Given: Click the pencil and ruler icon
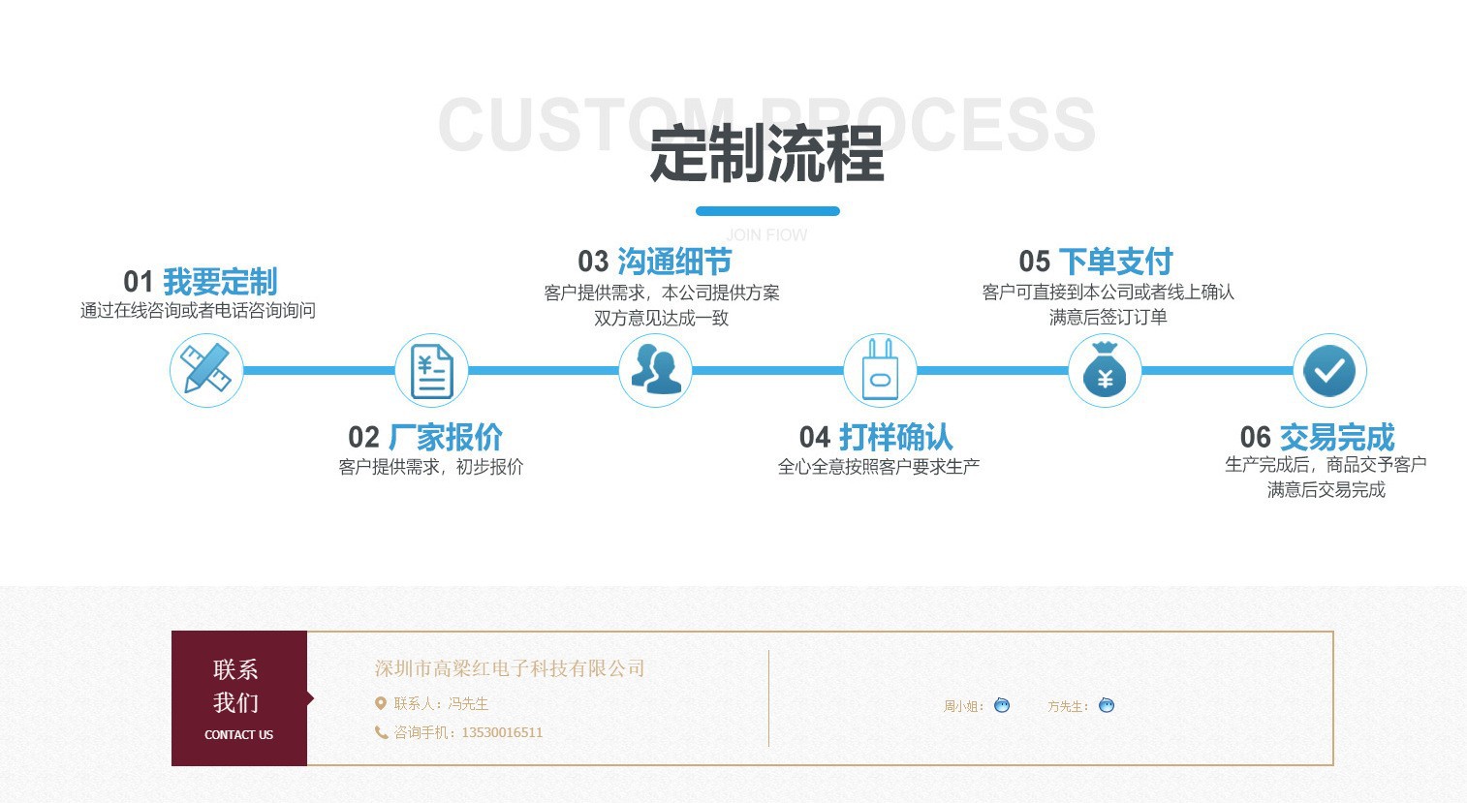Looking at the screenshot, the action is coord(206,370).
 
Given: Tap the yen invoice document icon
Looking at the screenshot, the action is coord(431,370).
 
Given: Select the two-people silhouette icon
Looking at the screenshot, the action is coord(656,370).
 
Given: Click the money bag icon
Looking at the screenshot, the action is coord(1105,370).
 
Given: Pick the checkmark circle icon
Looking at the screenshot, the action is coord(1329,370).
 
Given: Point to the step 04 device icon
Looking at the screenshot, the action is coord(880,370).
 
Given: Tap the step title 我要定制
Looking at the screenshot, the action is coord(220,282).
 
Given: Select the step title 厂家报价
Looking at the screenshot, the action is coord(445,437).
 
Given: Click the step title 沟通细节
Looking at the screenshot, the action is coord(674,262).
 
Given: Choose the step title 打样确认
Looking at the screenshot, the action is coord(895,437).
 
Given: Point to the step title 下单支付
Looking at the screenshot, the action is coord(1115,262).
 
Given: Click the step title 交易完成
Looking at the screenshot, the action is coord(1336,437).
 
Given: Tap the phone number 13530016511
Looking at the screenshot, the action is coord(502,732).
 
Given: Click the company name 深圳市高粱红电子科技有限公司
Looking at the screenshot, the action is coord(510,668).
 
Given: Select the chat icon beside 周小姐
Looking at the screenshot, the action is coord(1002,705).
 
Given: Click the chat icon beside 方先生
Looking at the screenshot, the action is coord(1107,705).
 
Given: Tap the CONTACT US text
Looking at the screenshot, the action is coord(238,735).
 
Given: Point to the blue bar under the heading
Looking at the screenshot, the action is coord(767,211).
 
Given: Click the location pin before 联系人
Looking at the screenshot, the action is coord(381,703).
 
